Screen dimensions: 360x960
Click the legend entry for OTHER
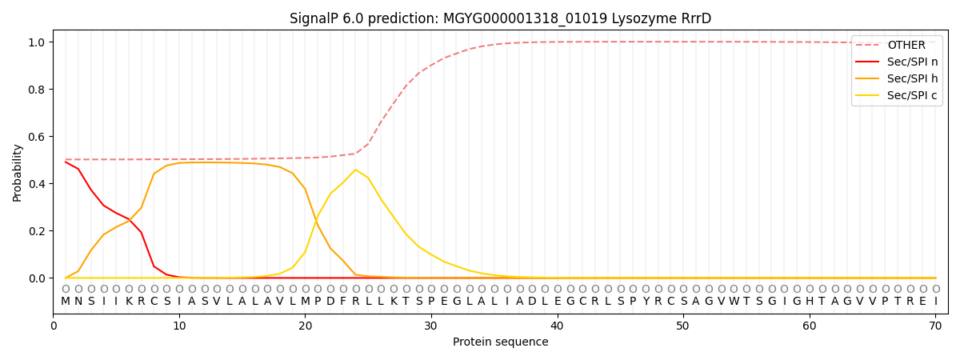pos(906,45)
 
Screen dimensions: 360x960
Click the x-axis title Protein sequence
pos(500,342)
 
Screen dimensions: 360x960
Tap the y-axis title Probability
pos(18,172)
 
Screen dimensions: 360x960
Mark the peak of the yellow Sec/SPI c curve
pos(355,170)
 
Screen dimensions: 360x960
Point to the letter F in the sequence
pos(343,302)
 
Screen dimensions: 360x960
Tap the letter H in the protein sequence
pos(810,302)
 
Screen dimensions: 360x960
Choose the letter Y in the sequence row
pos(646,302)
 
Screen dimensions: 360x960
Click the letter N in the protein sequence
pos(78,302)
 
